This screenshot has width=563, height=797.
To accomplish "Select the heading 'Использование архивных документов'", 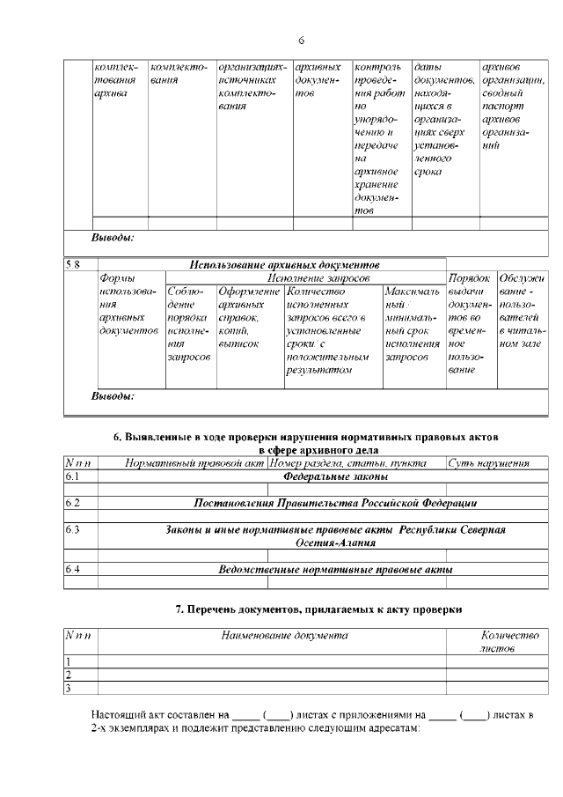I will pyautogui.click(x=284, y=264).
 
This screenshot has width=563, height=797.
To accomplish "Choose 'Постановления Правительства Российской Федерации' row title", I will pyautogui.click(x=335, y=504).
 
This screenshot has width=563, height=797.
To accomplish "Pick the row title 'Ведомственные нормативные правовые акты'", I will pyautogui.click(x=335, y=570).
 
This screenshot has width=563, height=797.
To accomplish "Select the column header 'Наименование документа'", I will pyautogui.click(x=272, y=635).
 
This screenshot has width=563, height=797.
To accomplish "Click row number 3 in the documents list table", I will pyautogui.click(x=69, y=688).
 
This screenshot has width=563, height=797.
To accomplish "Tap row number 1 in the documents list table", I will pyautogui.click(x=69, y=661).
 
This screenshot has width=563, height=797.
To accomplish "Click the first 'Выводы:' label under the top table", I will pyautogui.click(x=113, y=238).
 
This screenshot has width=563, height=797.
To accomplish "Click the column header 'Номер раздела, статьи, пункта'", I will pyautogui.click(x=348, y=463).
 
